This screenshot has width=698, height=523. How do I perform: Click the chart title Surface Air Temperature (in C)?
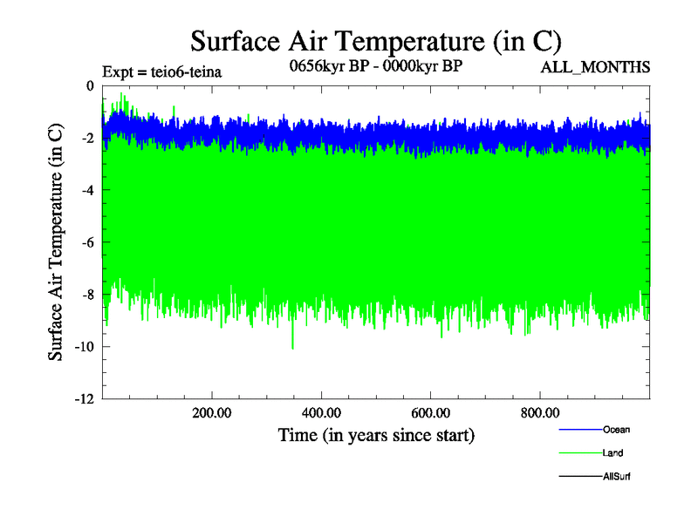[x=375, y=41]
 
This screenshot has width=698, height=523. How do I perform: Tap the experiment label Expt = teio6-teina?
[x=161, y=71]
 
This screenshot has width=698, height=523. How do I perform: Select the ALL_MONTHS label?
[x=595, y=67]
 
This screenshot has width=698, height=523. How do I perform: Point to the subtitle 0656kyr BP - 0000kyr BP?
[x=376, y=65]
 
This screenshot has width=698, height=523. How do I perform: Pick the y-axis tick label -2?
[x=86, y=138]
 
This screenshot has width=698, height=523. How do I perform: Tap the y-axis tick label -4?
[x=86, y=190]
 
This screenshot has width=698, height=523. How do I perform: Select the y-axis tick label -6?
[x=86, y=242]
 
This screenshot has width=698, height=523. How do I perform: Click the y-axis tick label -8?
[x=86, y=295]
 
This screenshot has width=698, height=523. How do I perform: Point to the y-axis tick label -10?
[x=83, y=347]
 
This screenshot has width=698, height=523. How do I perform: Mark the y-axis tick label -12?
[x=83, y=399]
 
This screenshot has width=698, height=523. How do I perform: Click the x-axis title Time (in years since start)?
[x=376, y=434]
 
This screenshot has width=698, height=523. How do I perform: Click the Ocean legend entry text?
[x=615, y=430]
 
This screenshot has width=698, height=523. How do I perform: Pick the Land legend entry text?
[x=612, y=453]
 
